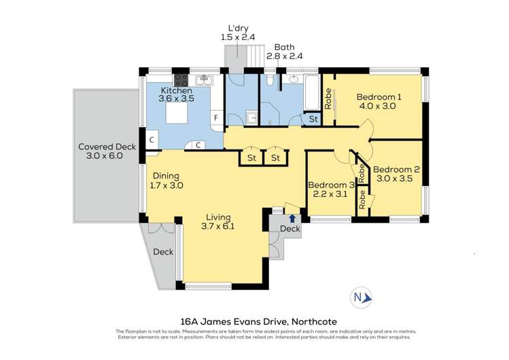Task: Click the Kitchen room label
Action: pos(176,90)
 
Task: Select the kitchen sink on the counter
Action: pos(209,82)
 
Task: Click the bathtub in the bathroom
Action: pos(311,94)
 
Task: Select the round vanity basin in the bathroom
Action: pos(294,79)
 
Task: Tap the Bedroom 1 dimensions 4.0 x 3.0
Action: pos(379,107)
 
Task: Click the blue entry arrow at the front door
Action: pos(292,218)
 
